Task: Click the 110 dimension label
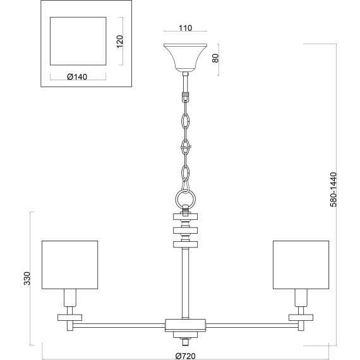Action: tap(185, 28)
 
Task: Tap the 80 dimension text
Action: tap(215, 58)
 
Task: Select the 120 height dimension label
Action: tap(120, 41)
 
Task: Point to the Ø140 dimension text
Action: tap(77, 76)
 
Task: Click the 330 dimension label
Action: tap(27, 279)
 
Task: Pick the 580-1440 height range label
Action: tap(333, 189)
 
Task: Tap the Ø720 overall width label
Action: tap(186, 356)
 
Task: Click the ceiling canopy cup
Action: tap(185, 57)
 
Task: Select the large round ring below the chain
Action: tap(186, 199)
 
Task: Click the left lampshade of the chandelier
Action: tap(70, 265)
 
